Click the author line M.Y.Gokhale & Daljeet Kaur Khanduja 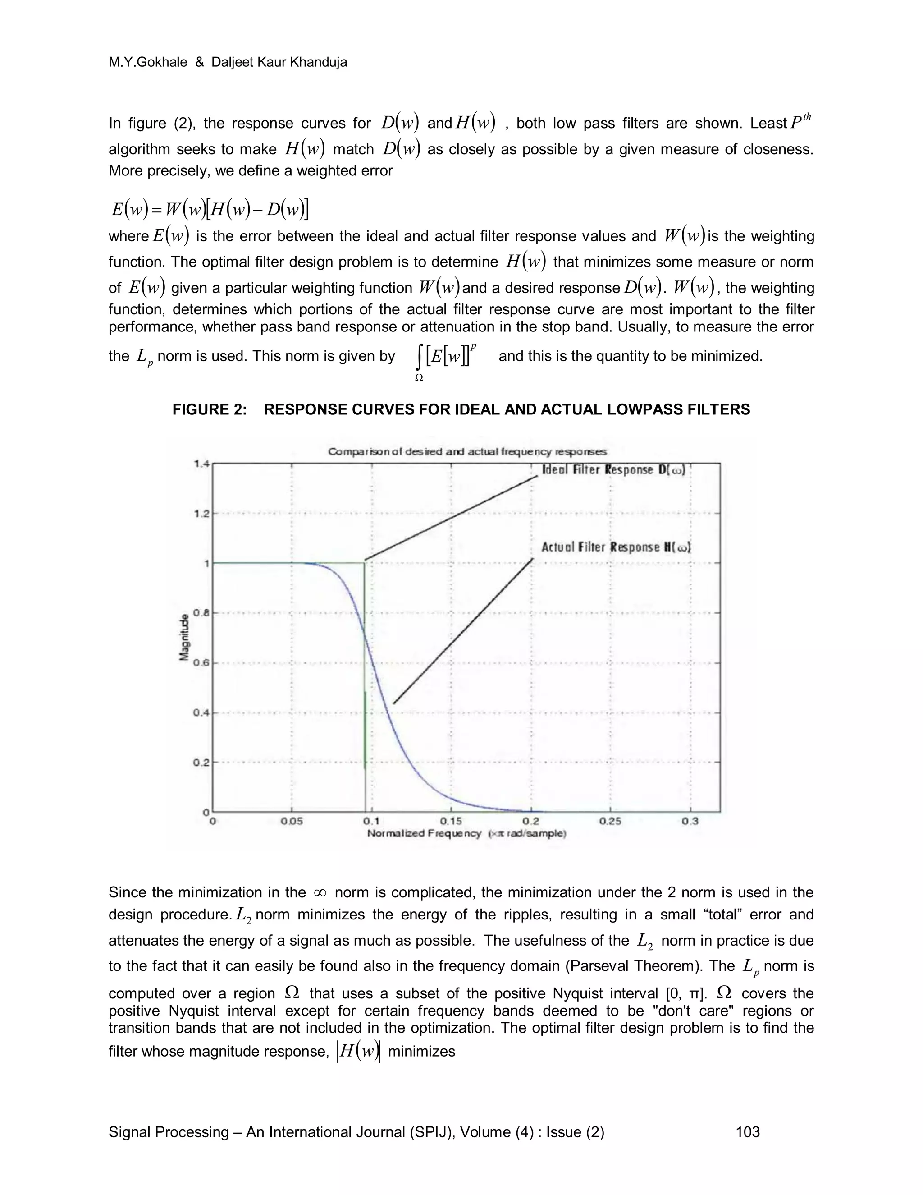[228, 62]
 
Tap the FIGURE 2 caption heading [461, 409]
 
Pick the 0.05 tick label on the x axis [292, 821]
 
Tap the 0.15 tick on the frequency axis [451, 821]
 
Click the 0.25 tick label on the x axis [610, 821]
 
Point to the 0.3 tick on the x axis [690, 821]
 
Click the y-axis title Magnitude [184, 638]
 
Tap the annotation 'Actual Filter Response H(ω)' [616, 547]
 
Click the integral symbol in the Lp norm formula [419, 358]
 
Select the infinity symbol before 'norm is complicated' [320, 893]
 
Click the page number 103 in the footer [748, 1132]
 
